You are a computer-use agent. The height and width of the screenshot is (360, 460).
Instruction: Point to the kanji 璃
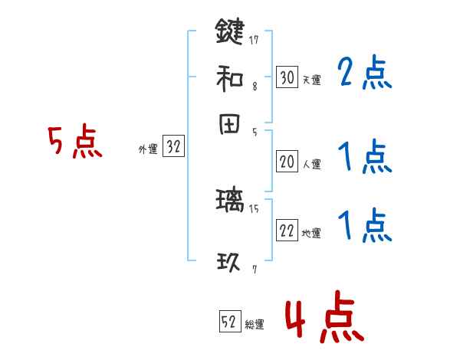coord(229,202)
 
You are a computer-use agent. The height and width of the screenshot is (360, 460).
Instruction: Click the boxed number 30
coord(287,77)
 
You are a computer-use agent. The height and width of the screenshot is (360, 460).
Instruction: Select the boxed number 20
coord(287,162)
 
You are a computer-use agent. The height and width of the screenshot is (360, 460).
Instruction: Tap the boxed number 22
coord(287,231)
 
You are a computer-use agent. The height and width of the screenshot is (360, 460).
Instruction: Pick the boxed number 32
coord(173,148)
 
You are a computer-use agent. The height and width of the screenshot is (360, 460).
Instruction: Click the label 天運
coord(311,80)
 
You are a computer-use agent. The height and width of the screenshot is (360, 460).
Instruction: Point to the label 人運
coord(311,164)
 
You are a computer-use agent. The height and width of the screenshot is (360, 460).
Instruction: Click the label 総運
coord(255,325)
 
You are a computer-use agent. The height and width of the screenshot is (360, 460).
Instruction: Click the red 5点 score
coord(74,143)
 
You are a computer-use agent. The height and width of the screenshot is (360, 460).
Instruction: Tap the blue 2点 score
coord(365,74)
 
